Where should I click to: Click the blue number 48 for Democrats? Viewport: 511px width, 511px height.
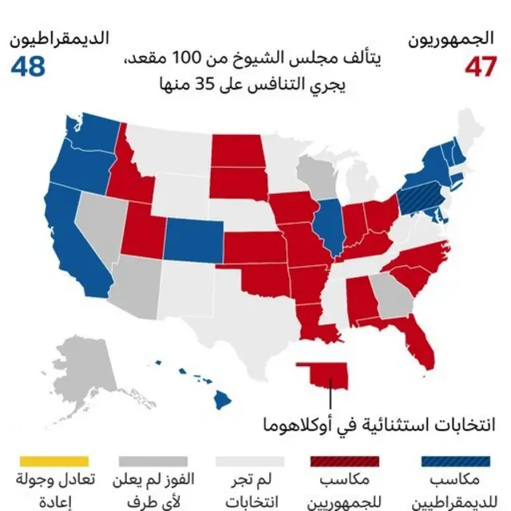[x=28, y=67]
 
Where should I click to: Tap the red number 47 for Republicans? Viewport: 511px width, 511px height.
[x=481, y=67]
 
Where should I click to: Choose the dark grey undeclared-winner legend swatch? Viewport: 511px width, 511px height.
[x=153, y=461]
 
